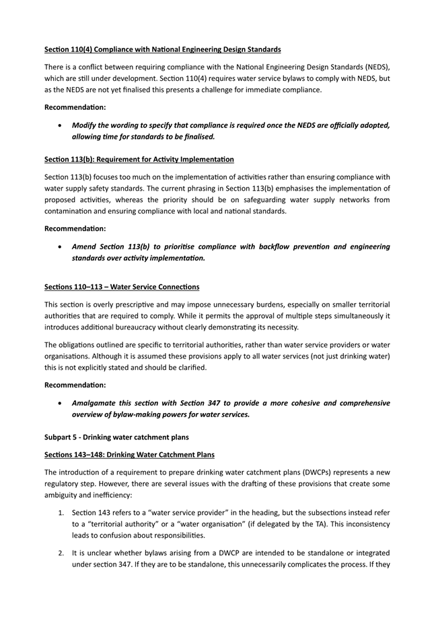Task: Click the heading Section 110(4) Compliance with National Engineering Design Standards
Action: point(162,50)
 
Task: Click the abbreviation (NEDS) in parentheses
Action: point(375,68)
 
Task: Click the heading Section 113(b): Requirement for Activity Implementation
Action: point(139,160)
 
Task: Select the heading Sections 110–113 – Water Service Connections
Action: point(122,287)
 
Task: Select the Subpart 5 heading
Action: point(116,437)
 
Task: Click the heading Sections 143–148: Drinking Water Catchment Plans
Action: point(129,455)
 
